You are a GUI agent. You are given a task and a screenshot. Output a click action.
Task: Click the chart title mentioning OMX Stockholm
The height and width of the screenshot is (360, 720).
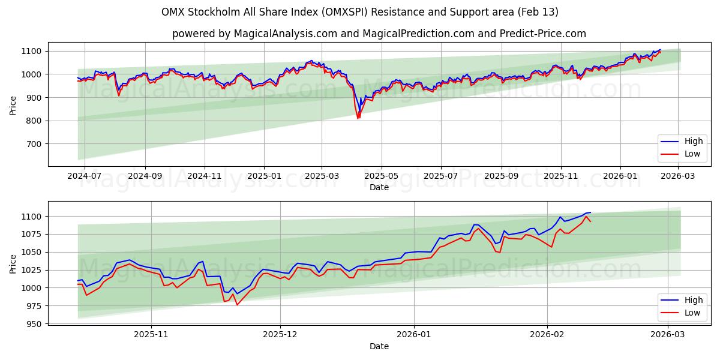click(x=360, y=12)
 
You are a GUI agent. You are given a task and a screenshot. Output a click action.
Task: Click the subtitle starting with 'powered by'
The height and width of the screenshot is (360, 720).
click(x=379, y=34)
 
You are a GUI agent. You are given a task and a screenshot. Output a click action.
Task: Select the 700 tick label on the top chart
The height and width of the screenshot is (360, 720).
click(x=35, y=144)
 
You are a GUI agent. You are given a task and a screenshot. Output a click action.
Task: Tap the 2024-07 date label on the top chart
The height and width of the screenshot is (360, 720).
click(x=84, y=176)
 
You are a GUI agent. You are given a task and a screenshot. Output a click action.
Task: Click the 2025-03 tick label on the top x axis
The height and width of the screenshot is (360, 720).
click(x=322, y=176)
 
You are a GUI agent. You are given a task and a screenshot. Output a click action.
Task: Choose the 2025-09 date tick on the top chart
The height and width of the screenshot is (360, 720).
click(x=501, y=176)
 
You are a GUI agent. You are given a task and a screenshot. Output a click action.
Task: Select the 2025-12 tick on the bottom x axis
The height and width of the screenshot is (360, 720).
click(x=280, y=335)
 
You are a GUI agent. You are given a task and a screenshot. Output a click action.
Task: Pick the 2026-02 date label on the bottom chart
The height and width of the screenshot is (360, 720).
click(x=548, y=335)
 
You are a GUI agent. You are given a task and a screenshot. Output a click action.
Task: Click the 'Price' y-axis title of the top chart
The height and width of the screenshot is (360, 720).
click(x=13, y=106)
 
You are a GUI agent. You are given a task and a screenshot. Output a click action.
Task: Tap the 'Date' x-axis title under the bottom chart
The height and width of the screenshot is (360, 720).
click(x=379, y=346)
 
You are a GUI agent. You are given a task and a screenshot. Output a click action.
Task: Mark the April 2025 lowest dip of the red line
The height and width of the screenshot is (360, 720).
click(x=358, y=118)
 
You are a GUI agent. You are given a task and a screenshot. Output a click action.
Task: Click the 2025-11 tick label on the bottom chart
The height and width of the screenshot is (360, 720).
click(x=151, y=335)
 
